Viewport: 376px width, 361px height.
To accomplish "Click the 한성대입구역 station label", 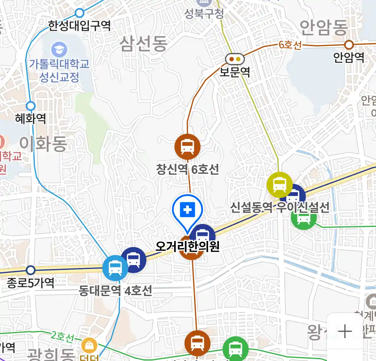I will (x=79, y=25).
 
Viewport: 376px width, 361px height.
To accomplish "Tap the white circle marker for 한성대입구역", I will (x=79, y=13).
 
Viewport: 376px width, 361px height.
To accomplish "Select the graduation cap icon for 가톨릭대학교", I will (x=59, y=50).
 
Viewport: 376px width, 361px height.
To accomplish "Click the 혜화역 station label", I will (x=30, y=118).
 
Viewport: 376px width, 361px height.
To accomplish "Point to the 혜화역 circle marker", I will (x=30, y=106).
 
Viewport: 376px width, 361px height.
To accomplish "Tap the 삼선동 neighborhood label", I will (x=143, y=44).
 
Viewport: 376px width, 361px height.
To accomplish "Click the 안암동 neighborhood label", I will (x=324, y=28).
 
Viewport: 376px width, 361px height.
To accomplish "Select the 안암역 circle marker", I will (x=349, y=44).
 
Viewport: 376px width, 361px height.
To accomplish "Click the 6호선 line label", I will (x=290, y=45).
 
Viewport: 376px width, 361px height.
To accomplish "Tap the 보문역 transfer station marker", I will (x=235, y=59).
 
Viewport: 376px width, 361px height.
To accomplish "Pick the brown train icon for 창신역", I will (x=187, y=146).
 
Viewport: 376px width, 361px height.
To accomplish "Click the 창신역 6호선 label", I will (x=187, y=169).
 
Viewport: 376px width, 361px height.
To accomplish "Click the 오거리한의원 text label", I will (x=187, y=246).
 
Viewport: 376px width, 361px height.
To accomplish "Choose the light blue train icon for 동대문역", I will (x=115, y=268).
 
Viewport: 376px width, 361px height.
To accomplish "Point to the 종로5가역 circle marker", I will (x=31, y=270).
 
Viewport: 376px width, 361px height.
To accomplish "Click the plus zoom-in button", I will (x=345, y=331).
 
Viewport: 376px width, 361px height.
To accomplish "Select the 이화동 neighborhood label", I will (x=43, y=144).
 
